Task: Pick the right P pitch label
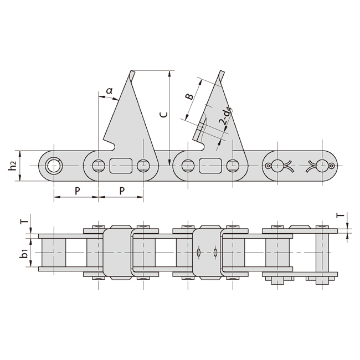click(121, 190)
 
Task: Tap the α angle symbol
click(109, 90)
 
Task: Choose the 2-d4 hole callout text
click(224, 119)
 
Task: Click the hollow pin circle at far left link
click(54, 165)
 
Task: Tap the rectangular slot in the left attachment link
click(121, 165)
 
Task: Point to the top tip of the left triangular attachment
click(132, 72)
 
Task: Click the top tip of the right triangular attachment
click(222, 73)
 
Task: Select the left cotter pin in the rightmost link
click(277, 165)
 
